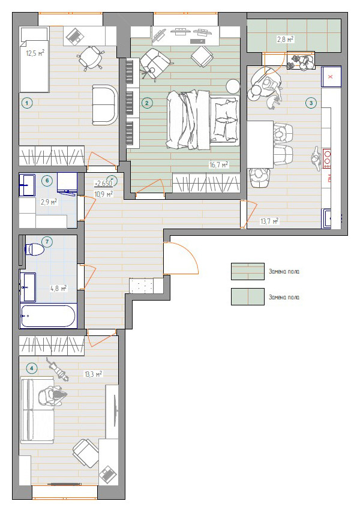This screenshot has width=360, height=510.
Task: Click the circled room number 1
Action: [26, 103]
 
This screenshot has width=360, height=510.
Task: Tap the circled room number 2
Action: [146, 103]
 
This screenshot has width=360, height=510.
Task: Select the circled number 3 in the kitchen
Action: [311, 103]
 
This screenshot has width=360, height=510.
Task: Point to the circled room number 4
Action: [32, 368]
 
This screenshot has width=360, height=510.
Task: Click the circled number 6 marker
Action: [47, 181]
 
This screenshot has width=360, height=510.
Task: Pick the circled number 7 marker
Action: [47, 241]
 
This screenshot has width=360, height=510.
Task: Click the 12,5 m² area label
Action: [35, 53]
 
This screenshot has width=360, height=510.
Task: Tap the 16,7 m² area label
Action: [219, 165]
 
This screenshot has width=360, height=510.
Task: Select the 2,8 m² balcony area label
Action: [285, 40]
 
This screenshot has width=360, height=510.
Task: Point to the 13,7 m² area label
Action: [269, 221]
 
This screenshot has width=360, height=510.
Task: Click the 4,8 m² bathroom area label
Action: [59, 288]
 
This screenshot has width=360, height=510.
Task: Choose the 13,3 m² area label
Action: [94, 374]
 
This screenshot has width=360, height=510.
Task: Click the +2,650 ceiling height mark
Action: [103, 184]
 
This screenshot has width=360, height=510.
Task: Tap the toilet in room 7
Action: [35, 249]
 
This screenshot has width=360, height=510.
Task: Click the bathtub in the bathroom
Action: [48, 316]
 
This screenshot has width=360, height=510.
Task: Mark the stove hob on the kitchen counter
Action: [326, 159]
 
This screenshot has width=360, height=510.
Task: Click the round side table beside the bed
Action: [233, 86]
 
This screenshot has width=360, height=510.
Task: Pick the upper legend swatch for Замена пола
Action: [247, 271]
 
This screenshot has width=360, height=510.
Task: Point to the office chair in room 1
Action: [90, 57]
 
